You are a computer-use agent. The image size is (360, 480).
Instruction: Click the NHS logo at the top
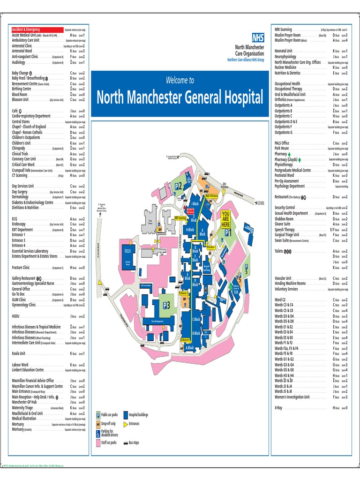click(257, 38)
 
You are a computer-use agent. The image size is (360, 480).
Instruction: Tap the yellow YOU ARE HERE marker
click(226, 218)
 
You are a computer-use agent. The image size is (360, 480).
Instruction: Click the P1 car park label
click(228, 232)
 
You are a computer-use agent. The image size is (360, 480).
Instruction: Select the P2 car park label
click(179, 186)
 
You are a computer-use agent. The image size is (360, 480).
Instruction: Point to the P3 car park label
click(166, 305)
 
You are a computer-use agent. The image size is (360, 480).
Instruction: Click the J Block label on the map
click(195, 204)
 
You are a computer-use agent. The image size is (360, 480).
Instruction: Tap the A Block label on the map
click(190, 348)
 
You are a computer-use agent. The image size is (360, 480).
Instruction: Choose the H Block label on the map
click(190, 230)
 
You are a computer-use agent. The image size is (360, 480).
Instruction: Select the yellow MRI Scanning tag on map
click(180, 217)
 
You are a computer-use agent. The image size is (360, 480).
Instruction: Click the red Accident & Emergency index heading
click(26, 30)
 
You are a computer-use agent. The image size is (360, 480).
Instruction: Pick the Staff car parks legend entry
click(109, 442)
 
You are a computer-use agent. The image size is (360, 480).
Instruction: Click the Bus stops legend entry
click(133, 442)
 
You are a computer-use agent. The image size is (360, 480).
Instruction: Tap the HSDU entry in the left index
click(16, 316)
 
